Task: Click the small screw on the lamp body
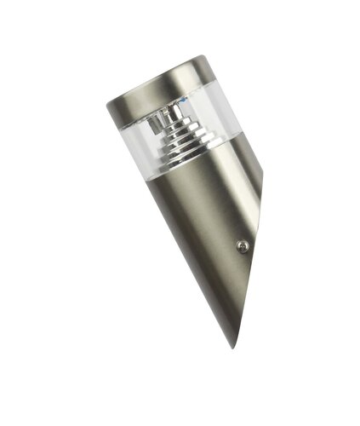pos(242,245)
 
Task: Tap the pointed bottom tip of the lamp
pos(231,345)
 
